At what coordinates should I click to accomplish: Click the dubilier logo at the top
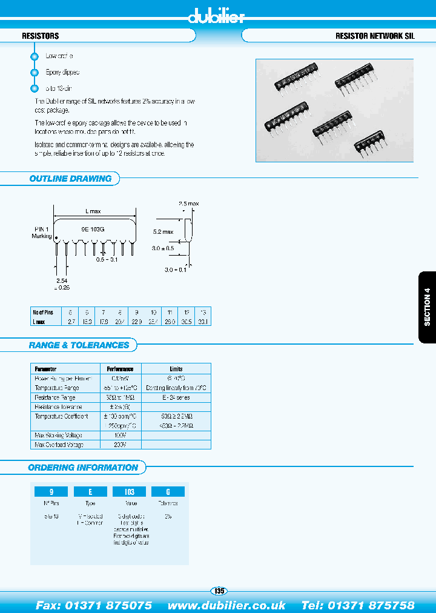click(216, 17)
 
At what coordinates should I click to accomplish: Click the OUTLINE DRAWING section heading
click(70, 179)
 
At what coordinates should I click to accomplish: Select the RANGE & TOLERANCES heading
click(79, 345)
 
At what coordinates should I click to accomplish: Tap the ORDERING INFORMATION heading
click(83, 468)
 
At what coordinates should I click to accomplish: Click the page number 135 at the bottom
click(219, 591)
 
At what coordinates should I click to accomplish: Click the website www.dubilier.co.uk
click(226, 605)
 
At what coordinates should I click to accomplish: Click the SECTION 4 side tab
click(427, 307)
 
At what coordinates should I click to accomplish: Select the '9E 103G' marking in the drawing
click(93, 230)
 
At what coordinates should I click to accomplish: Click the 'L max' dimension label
click(93, 211)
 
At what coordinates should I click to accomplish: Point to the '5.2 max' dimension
click(163, 232)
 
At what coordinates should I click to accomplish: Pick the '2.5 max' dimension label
click(188, 204)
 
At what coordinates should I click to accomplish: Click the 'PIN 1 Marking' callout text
click(42, 233)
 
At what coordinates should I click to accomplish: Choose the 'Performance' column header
click(121, 368)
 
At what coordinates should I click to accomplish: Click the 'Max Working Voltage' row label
click(59, 436)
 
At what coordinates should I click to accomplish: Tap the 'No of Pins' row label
click(43, 313)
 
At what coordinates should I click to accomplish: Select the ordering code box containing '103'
click(129, 492)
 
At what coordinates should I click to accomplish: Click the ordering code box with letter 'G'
click(168, 492)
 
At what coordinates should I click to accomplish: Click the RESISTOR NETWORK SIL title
click(375, 36)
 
